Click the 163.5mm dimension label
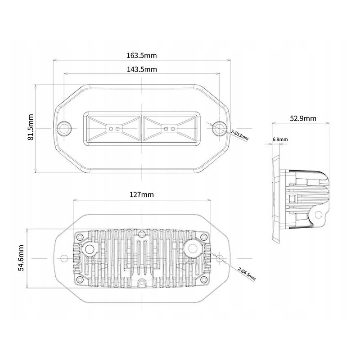pos(142,55)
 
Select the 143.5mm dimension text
pos(142,69)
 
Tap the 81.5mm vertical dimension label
pos(31,127)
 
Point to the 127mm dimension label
pos(142,195)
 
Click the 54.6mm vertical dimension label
pos(21,258)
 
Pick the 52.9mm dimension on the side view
pos(303,118)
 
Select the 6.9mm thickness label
pos(280,139)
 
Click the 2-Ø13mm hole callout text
pos(240,135)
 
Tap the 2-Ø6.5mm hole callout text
pos(247,274)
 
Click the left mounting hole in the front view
pos(64,129)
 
